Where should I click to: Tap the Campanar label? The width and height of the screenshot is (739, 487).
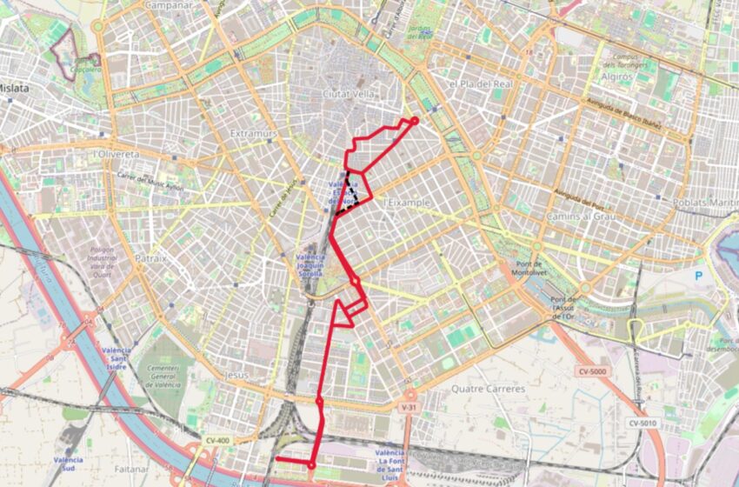click(x=169, y=5)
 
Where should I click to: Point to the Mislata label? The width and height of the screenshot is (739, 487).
click(x=15, y=88)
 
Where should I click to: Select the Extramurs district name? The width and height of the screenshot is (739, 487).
click(x=253, y=133)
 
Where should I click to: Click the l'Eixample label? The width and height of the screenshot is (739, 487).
click(x=407, y=202)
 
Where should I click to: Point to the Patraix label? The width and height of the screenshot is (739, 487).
click(x=150, y=258)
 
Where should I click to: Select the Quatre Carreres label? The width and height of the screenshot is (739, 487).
click(x=489, y=389)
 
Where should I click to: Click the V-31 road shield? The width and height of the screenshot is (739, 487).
click(x=409, y=406)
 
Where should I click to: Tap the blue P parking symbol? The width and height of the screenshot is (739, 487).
click(x=698, y=275)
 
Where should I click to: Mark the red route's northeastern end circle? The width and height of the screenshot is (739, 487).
click(x=415, y=121)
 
